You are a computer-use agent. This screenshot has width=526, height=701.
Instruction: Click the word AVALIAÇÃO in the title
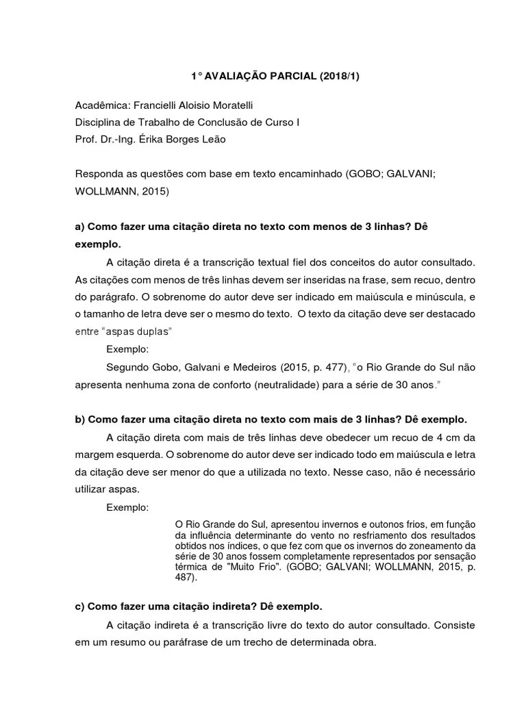(x=234, y=77)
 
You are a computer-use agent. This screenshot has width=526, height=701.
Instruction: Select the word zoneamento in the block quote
(x=420, y=546)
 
